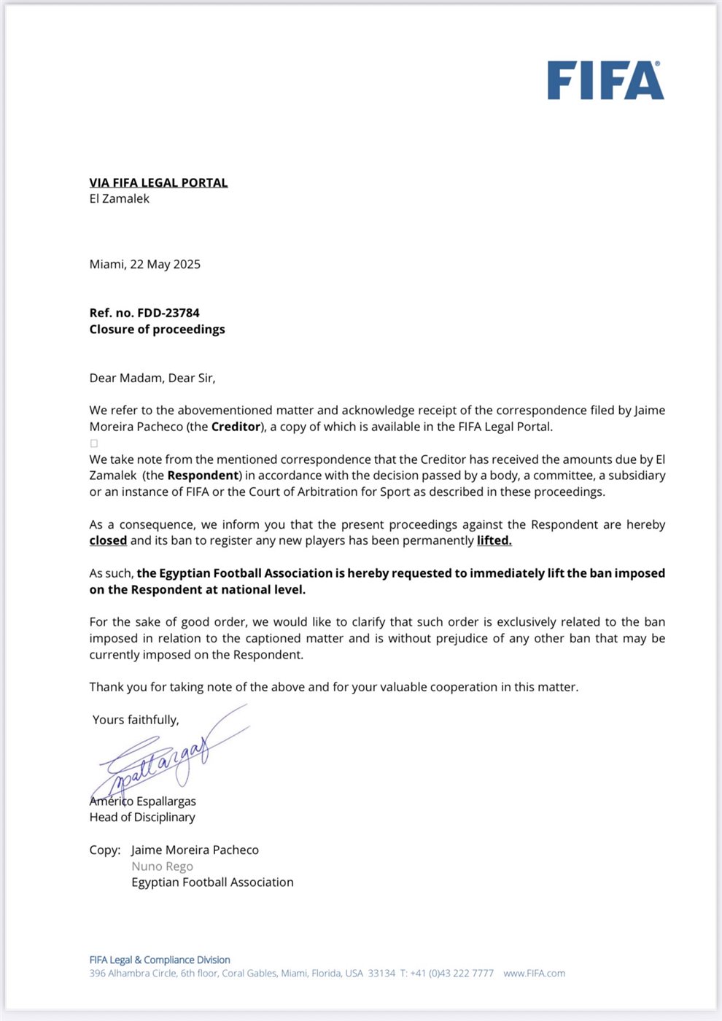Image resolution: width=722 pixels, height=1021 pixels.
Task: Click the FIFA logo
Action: (605, 80)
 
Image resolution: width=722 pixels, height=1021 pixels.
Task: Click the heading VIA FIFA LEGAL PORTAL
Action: (158, 182)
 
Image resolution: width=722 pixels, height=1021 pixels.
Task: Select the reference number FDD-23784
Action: (168, 313)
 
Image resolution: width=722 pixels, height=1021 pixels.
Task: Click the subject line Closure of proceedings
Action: (157, 329)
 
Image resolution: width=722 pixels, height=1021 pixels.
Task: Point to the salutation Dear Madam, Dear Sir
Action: (152, 378)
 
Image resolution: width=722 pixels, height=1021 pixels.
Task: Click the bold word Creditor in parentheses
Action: (236, 427)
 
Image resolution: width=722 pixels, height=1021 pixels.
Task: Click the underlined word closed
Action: (108, 540)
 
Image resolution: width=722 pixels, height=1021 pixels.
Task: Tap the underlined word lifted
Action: (494, 540)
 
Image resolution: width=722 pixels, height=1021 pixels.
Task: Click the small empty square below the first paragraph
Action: (93, 443)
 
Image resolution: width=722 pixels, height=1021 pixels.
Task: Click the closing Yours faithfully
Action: (136, 720)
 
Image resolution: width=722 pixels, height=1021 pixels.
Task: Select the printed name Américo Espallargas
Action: (143, 801)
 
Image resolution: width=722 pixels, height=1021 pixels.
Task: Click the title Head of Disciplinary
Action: (142, 817)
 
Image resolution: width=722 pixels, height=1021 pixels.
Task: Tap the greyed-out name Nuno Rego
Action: (162, 866)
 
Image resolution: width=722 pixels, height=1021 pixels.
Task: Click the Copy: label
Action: (105, 850)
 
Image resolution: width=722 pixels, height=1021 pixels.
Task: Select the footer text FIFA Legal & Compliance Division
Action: (160, 960)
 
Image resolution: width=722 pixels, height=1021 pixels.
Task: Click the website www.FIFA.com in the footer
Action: (534, 973)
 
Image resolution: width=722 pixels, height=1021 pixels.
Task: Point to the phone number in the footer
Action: (446, 973)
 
